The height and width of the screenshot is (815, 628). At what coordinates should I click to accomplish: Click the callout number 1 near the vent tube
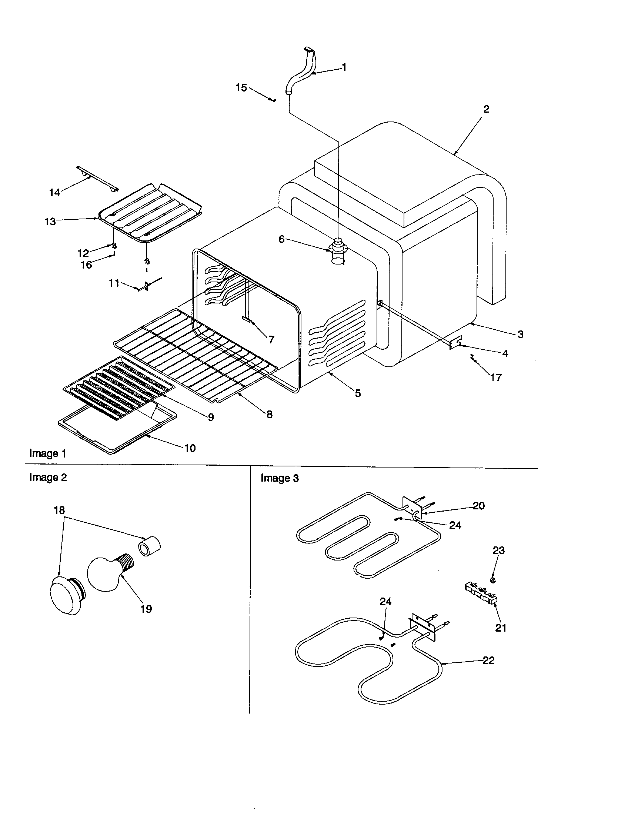344,67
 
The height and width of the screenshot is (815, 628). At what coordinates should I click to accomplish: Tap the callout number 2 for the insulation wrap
486,109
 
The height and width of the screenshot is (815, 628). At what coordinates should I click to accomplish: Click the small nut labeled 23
492,580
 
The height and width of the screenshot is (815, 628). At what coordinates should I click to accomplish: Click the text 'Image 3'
280,478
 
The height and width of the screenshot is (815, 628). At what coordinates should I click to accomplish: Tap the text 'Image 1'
47,454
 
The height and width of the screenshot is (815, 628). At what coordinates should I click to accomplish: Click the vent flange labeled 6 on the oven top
338,247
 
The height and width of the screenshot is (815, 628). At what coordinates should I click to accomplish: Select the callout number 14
54,193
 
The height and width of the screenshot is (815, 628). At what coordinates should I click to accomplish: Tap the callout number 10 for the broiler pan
190,448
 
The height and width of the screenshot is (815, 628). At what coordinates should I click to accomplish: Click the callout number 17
495,377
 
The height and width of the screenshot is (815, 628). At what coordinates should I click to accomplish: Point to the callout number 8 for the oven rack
269,414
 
